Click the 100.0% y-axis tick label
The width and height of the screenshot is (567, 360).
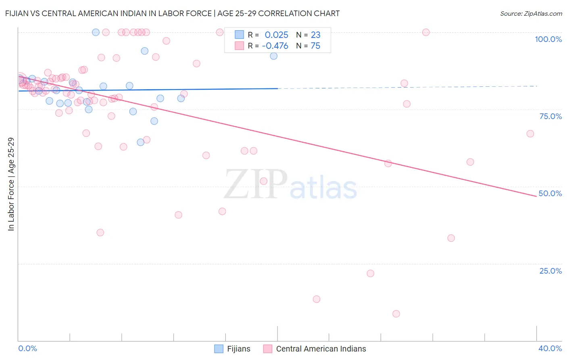point(548,39)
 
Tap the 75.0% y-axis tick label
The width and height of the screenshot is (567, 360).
point(550,116)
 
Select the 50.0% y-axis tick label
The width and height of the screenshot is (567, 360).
point(550,193)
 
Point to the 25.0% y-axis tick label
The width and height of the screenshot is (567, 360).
point(550,271)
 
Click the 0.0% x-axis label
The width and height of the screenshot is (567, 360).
point(27,348)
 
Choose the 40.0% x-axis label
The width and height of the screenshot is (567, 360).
point(550,348)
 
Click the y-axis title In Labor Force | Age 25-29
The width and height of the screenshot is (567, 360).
point(11,184)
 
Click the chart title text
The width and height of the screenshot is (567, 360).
point(172,13)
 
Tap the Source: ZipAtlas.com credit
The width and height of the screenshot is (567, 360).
point(531,13)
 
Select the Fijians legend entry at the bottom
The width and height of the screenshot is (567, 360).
point(232,349)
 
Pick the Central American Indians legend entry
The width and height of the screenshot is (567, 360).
point(315,349)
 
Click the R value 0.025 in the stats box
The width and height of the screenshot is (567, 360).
point(276,35)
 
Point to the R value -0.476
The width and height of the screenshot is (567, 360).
point(275,46)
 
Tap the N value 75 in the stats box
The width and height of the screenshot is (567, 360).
point(315,46)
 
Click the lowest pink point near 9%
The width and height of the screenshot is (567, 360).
point(396,314)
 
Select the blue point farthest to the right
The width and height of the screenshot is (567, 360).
point(274,56)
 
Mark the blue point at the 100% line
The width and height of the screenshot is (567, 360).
point(96,32)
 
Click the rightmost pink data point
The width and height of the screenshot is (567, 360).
point(530,134)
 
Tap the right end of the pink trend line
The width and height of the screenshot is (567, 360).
point(536,196)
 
